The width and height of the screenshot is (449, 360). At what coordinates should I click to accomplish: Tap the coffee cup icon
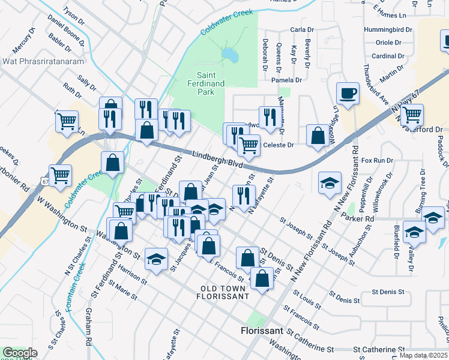pyautogui.click(x=347, y=94)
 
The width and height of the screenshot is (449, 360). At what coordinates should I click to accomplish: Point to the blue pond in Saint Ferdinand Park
pyautogui.click(x=228, y=56)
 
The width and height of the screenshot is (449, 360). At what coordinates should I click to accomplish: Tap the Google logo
pyautogui.click(x=20, y=353)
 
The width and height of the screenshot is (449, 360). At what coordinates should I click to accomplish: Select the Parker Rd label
pyautogui.click(x=358, y=220)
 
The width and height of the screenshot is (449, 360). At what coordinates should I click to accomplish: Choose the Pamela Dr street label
pyautogui.click(x=286, y=80)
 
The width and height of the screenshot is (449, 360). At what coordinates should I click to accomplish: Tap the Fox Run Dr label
pyautogui.click(x=377, y=161)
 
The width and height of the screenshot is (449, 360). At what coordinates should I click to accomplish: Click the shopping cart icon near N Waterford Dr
pyautogui.click(x=411, y=114)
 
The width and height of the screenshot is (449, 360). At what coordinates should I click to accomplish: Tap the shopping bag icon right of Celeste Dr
pyautogui.click(x=316, y=135)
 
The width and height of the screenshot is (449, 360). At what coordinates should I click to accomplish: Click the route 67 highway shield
pyautogui.click(x=46, y=180)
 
